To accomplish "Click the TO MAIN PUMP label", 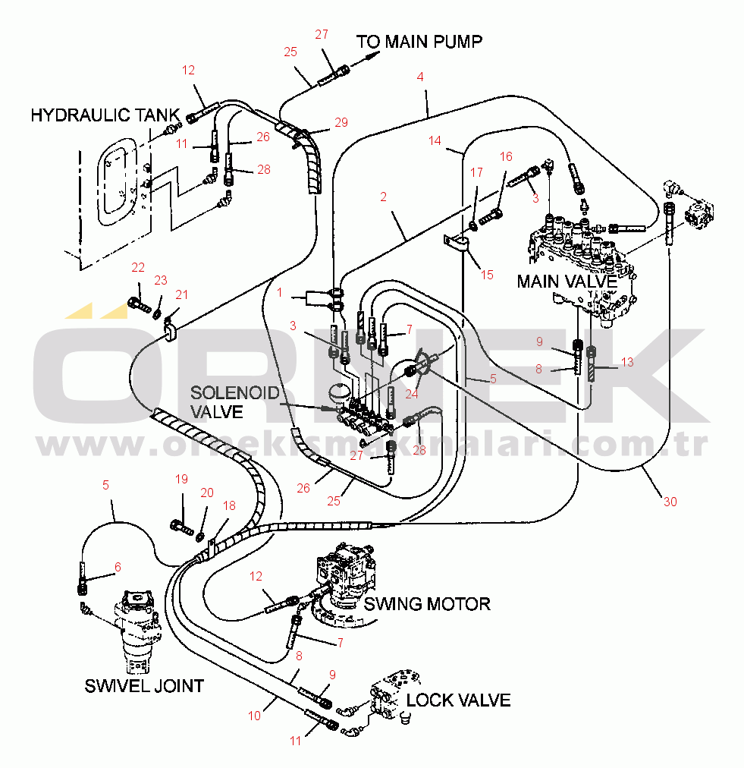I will click(x=419, y=41).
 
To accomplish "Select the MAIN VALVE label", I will click(x=567, y=282).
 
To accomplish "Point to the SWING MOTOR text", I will click(x=426, y=604).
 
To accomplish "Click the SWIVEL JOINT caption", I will click(x=144, y=686).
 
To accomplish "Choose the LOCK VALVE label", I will click(x=458, y=700).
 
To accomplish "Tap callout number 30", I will click(x=670, y=502).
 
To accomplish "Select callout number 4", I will click(x=420, y=77).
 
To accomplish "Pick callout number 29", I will click(x=341, y=122).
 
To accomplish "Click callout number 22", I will click(x=137, y=267).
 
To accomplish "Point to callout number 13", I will click(x=626, y=362).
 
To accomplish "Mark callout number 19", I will click(x=181, y=479).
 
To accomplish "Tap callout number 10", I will click(x=255, y=715).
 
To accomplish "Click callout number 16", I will click(x=506, y=156).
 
